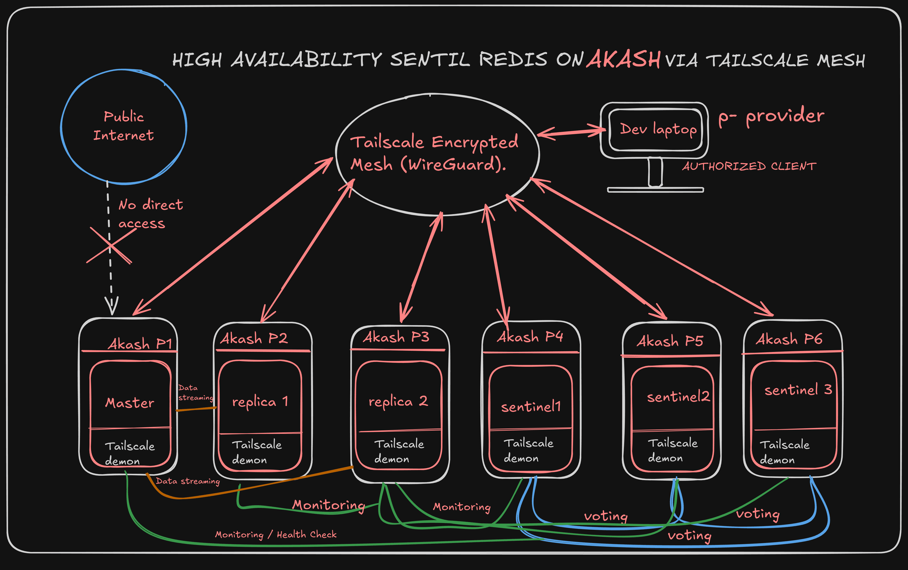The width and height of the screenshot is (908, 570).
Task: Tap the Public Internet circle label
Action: point(124,126)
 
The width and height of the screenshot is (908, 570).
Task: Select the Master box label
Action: point(130,403)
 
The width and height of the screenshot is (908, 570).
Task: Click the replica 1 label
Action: point(260,402)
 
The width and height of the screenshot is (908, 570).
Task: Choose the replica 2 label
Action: point(398,401)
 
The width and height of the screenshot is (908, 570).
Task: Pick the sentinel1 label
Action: point(531,407)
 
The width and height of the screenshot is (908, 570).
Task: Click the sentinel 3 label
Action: point(798,390)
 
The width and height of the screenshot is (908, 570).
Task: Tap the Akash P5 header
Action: point(670,342)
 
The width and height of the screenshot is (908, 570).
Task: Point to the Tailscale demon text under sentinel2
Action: point(672,450)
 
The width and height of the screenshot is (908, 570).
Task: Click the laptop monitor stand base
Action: point(655,190)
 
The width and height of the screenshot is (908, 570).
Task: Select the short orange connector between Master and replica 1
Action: point(196,409)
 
